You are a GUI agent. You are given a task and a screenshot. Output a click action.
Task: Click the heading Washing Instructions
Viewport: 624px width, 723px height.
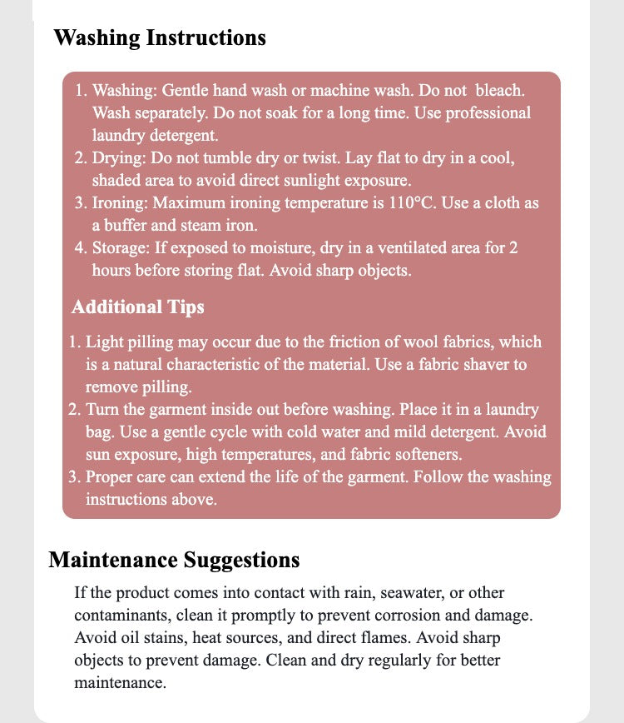point(160,38)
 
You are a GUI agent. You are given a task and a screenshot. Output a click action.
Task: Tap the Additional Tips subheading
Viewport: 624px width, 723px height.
point(137,307)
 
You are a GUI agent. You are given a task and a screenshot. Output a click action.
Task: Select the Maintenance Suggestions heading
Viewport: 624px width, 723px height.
point(174,560)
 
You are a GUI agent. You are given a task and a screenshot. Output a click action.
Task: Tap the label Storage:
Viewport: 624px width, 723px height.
point(125,248)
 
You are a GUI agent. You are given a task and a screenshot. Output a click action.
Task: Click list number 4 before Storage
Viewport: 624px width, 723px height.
point(79,248)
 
